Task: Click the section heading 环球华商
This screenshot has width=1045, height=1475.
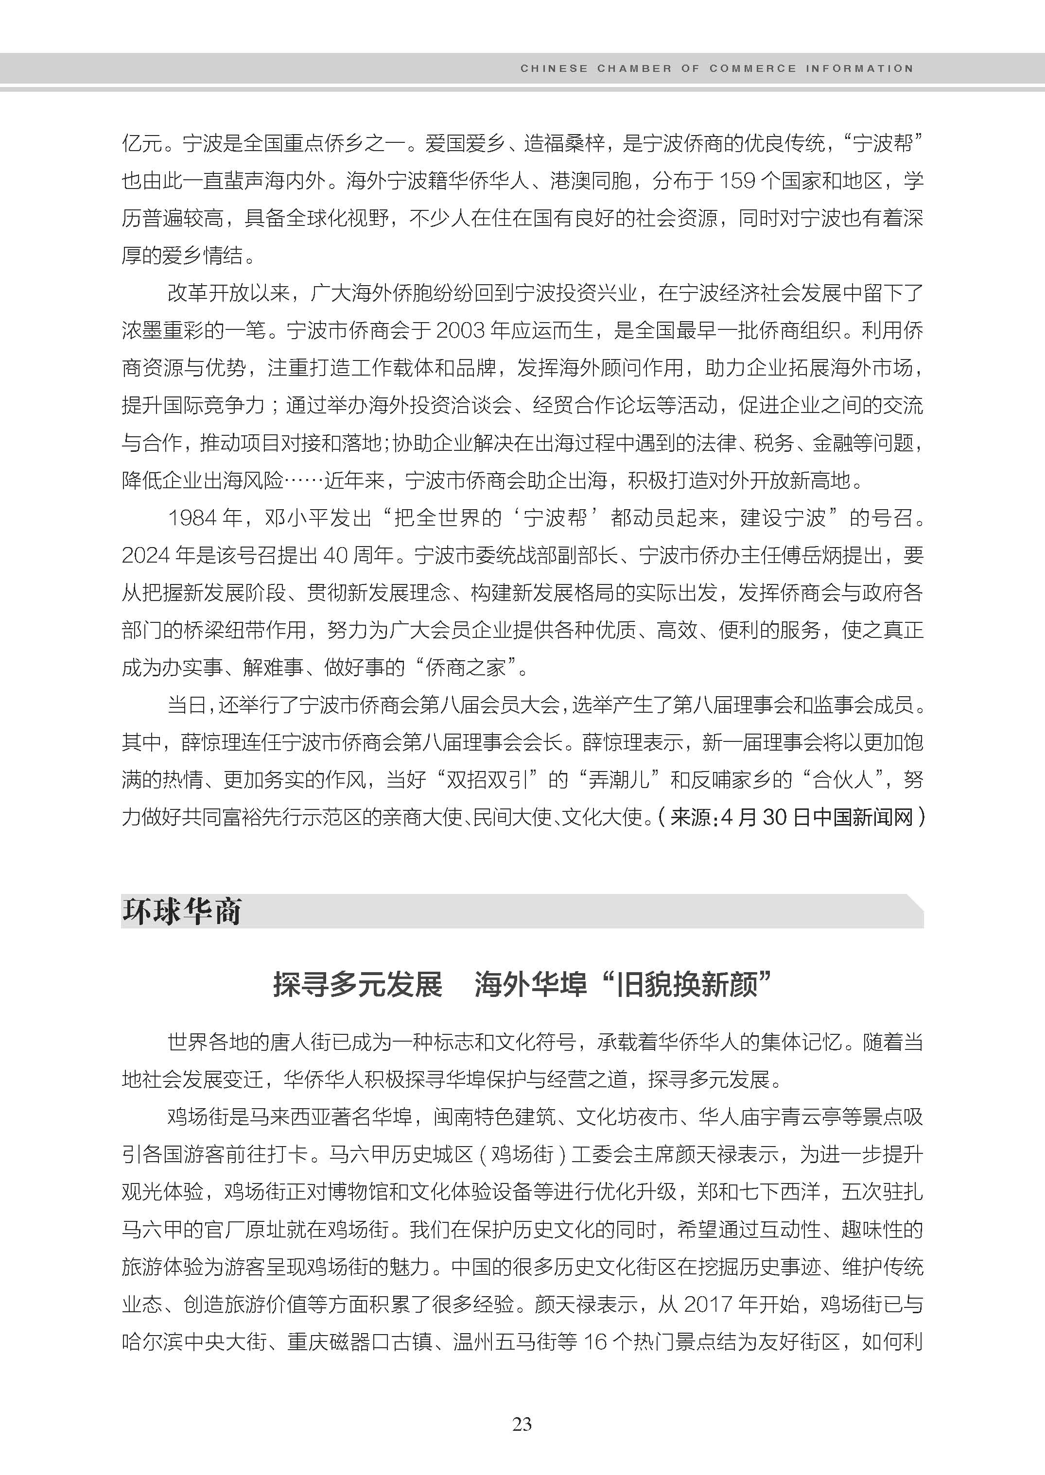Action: point(181,911)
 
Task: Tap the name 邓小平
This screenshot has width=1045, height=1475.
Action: point(296,518)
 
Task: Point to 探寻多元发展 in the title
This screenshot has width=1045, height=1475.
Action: point(358,985)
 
